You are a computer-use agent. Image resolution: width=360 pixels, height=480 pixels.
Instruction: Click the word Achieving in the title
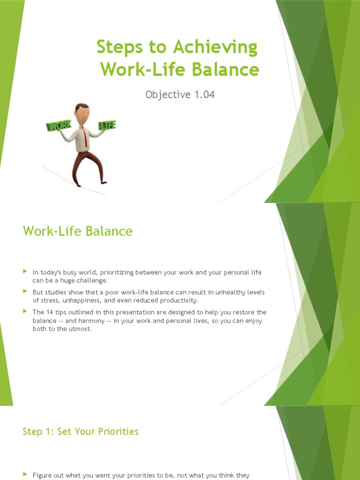[216, 48]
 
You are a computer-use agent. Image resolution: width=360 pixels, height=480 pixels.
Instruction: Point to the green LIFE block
[107, 125]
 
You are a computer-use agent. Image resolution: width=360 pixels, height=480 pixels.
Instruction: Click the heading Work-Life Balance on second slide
[78, 231]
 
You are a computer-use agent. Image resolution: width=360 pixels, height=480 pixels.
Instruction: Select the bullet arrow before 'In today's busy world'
[25, 271]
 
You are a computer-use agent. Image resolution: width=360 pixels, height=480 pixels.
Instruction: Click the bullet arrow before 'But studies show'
[25, 292]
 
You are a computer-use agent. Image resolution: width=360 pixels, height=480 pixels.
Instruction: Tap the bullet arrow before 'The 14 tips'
[25, 311]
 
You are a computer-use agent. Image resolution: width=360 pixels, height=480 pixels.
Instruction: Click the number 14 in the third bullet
[50, 312]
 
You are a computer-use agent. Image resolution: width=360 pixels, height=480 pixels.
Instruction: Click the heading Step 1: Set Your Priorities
[81, 431]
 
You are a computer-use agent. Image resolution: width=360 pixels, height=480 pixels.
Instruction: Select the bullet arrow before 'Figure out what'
[25, 475]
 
